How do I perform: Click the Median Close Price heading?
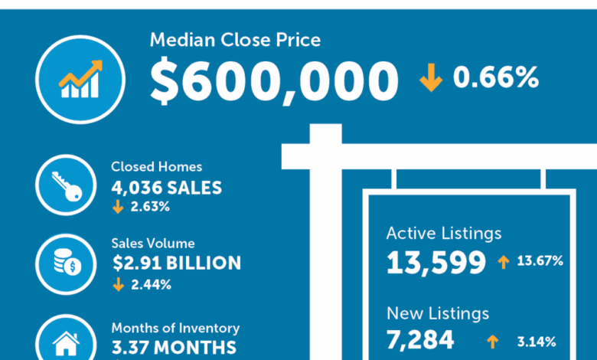pos(235,41)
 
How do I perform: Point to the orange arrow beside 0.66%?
pos(430,78)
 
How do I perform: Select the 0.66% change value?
pos(496,77)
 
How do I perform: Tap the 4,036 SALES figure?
pos(167,187)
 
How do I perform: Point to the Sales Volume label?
pos(153,244)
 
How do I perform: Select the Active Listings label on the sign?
pos(444,233)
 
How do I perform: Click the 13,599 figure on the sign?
pos(436,263)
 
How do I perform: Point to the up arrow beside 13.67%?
pos(503,262)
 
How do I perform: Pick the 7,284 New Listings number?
pos(420,339)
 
